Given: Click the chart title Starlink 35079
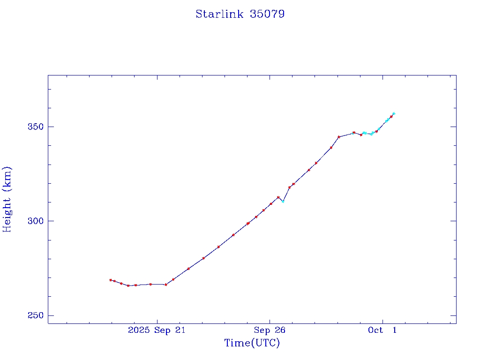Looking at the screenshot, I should [240, 14].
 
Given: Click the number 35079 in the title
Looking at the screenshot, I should [267, 14].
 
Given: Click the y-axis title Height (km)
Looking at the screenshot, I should [7, 199].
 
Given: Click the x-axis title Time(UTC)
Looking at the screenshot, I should [252, 343].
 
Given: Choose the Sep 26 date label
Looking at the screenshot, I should [270, 330].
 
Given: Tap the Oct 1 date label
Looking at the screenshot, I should [382, 330].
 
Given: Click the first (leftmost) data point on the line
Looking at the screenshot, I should [111, 280].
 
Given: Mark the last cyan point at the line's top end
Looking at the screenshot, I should [394, 113].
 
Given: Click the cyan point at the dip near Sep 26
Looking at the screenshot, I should [283, 201].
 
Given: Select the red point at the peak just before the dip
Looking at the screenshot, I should [278, 197].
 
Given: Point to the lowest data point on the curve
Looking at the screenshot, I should [128, 285].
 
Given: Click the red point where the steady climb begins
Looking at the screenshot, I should [165, 285].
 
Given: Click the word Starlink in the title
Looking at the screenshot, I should [219, 14].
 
